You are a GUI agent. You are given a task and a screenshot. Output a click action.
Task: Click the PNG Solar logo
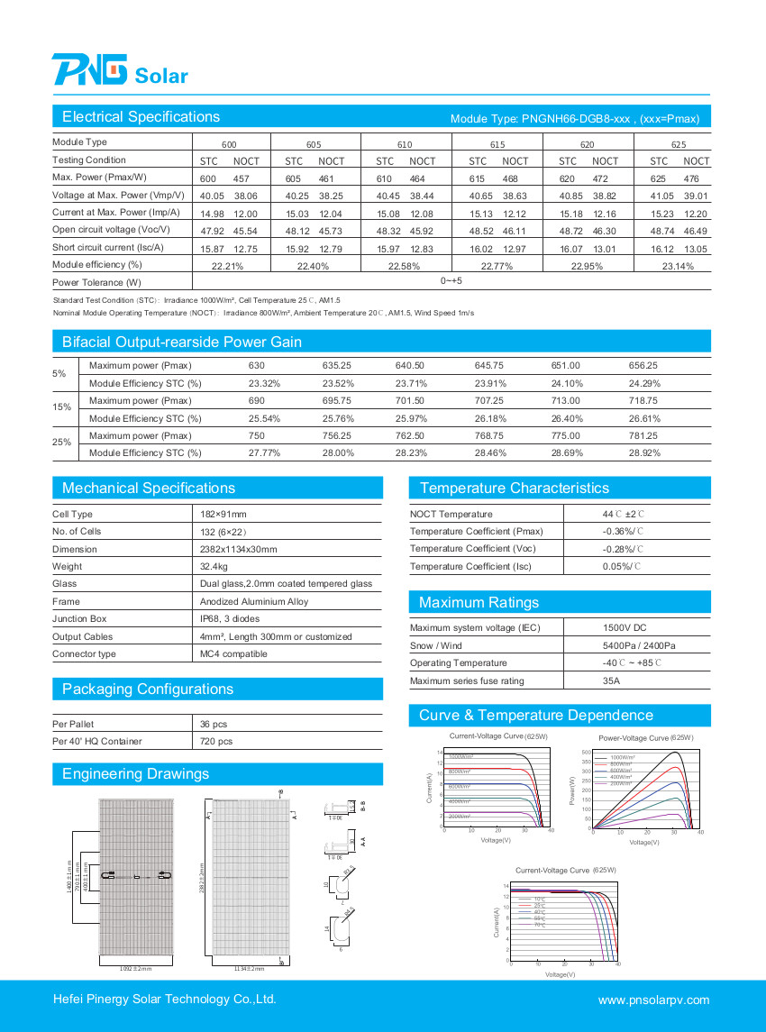(119, 69)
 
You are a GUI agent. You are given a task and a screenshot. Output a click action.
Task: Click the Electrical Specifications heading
(141, 117)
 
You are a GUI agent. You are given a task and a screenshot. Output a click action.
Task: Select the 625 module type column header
(679, 144)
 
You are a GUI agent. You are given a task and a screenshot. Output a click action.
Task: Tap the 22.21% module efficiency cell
(227, 266)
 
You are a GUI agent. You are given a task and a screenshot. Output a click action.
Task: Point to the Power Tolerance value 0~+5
(451, 281)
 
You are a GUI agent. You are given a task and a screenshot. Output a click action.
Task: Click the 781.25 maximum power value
(643, 435)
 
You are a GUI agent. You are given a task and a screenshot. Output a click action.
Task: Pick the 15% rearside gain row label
(59, 409)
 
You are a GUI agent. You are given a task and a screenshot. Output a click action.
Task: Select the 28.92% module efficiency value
(644, 452)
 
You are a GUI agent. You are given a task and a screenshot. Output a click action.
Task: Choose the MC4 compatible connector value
(233, 654)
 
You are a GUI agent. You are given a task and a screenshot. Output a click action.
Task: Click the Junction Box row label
(79, 619)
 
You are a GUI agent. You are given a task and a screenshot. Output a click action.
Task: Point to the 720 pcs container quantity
(216, 742)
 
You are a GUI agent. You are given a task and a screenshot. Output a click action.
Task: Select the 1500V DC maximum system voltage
(624, 628)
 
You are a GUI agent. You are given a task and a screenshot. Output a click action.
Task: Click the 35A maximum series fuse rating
(611, 681)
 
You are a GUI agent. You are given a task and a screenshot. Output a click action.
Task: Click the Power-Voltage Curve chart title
(645, 738)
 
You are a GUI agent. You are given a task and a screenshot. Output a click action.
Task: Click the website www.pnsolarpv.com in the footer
(653, 1000)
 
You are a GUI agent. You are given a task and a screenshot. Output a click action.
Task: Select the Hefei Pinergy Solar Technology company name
(164, 1000)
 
